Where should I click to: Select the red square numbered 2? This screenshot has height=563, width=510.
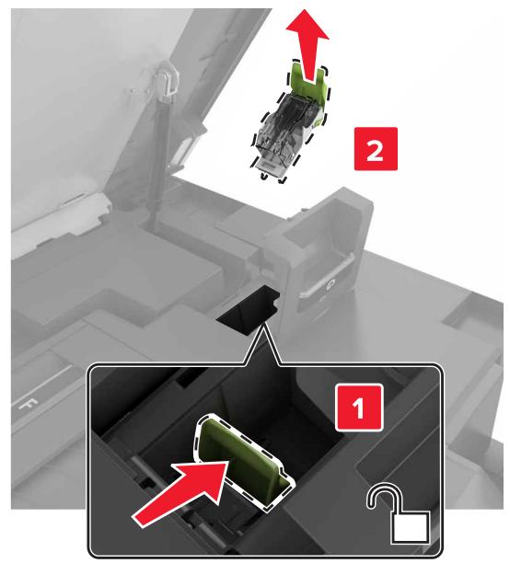376,149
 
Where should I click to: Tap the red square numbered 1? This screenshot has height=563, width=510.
358,407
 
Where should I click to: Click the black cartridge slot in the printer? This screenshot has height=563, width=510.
249,309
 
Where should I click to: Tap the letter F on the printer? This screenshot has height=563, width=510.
28,404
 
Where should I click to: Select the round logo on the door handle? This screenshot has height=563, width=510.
330,285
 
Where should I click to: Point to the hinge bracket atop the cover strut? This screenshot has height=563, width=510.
167,81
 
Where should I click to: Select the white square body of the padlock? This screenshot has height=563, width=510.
411,528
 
